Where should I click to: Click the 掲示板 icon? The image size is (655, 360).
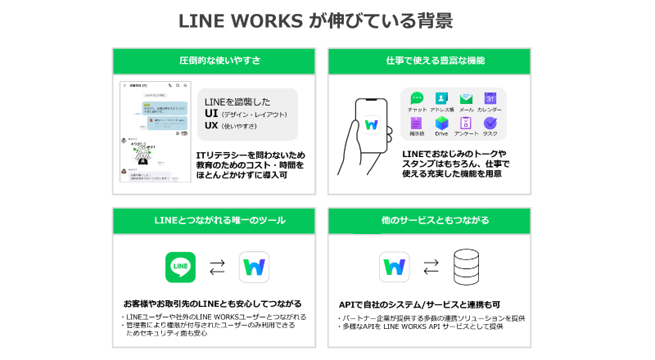(x=417, y=124)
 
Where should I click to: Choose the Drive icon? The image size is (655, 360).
(x=442, y=124)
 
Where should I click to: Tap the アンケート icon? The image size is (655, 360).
(x=467, y=124)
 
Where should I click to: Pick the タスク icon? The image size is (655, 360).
(x=490, y=124)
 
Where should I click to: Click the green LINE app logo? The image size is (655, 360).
(x=181, y=267)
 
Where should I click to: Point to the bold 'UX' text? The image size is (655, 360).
(x=211, y=126)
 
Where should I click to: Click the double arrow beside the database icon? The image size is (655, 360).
(x=431, y=267)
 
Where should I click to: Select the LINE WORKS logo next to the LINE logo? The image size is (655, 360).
(x=255, y=267)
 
